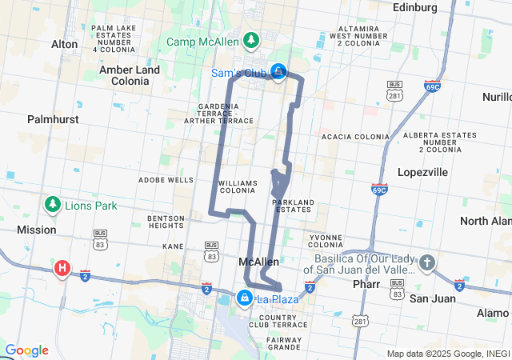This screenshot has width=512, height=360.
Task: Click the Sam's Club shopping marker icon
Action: point(278,72)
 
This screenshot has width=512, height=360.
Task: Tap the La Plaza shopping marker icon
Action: point(244,298)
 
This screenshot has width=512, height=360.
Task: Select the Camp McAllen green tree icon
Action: point(251,39)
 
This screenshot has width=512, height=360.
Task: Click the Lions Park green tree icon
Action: point(53,205)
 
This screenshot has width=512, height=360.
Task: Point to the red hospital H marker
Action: point(62,268)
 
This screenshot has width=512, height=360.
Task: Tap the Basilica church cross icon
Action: point(427,262)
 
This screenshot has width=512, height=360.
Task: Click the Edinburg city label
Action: point(416,7)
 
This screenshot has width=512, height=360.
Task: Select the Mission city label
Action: point(37,230)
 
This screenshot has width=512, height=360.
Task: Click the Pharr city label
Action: point(367,284)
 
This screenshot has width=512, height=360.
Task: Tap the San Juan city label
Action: point(433,298)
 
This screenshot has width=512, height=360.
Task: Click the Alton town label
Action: point(64,44)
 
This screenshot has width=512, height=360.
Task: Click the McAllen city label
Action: point(259,262)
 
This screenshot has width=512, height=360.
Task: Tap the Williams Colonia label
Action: point(238,187)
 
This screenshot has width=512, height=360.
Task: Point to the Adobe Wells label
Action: point(166,180)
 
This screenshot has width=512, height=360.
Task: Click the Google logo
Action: point(26,350)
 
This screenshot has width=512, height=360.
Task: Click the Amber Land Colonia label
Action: point(130,75)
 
